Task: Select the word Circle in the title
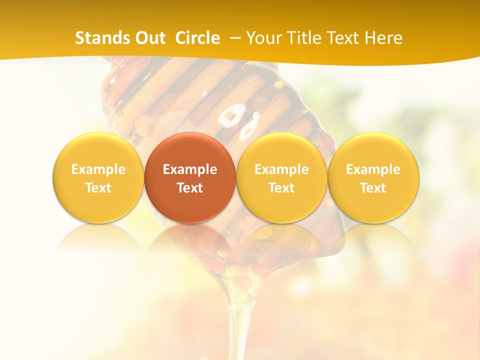197,38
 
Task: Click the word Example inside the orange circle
190,169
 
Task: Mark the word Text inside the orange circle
190,188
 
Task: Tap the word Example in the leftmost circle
98,169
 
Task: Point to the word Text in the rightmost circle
373,188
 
